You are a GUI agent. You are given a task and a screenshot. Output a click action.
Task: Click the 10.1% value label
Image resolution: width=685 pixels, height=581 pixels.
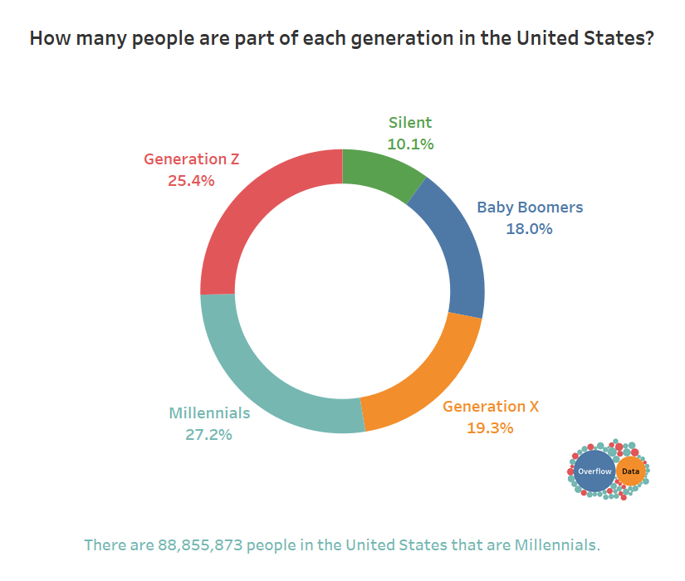410,144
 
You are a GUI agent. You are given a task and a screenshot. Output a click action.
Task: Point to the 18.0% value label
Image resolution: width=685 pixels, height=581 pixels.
529,229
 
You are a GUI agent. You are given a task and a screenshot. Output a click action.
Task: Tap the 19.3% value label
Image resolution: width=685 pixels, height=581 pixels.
490,428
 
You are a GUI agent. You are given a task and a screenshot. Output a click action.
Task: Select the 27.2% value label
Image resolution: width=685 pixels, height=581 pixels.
208,434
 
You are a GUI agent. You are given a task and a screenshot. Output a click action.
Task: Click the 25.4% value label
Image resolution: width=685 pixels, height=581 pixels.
191,180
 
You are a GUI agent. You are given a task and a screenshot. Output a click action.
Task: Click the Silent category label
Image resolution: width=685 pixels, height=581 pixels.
410,123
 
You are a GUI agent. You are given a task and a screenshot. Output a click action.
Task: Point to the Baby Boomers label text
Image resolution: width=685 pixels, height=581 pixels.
530,207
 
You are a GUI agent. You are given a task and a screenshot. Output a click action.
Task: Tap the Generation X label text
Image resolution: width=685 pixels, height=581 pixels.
490,407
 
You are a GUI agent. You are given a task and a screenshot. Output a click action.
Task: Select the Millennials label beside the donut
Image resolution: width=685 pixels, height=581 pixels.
209,413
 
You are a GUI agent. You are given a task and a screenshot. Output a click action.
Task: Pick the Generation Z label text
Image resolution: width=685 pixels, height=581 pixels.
191,159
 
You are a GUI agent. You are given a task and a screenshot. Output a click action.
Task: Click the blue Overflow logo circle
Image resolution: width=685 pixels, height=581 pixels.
594,471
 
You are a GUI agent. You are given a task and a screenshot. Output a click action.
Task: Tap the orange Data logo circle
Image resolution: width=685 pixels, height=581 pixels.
631,471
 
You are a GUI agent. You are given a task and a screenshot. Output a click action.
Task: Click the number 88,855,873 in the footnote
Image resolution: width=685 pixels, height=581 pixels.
198,545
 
